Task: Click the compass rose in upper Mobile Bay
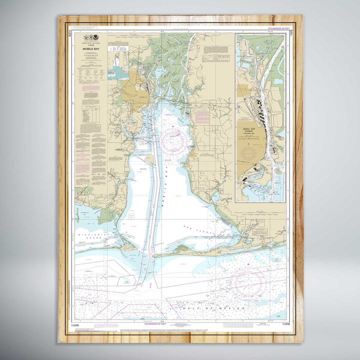click(173, 141)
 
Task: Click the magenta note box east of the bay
click(202, 117)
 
